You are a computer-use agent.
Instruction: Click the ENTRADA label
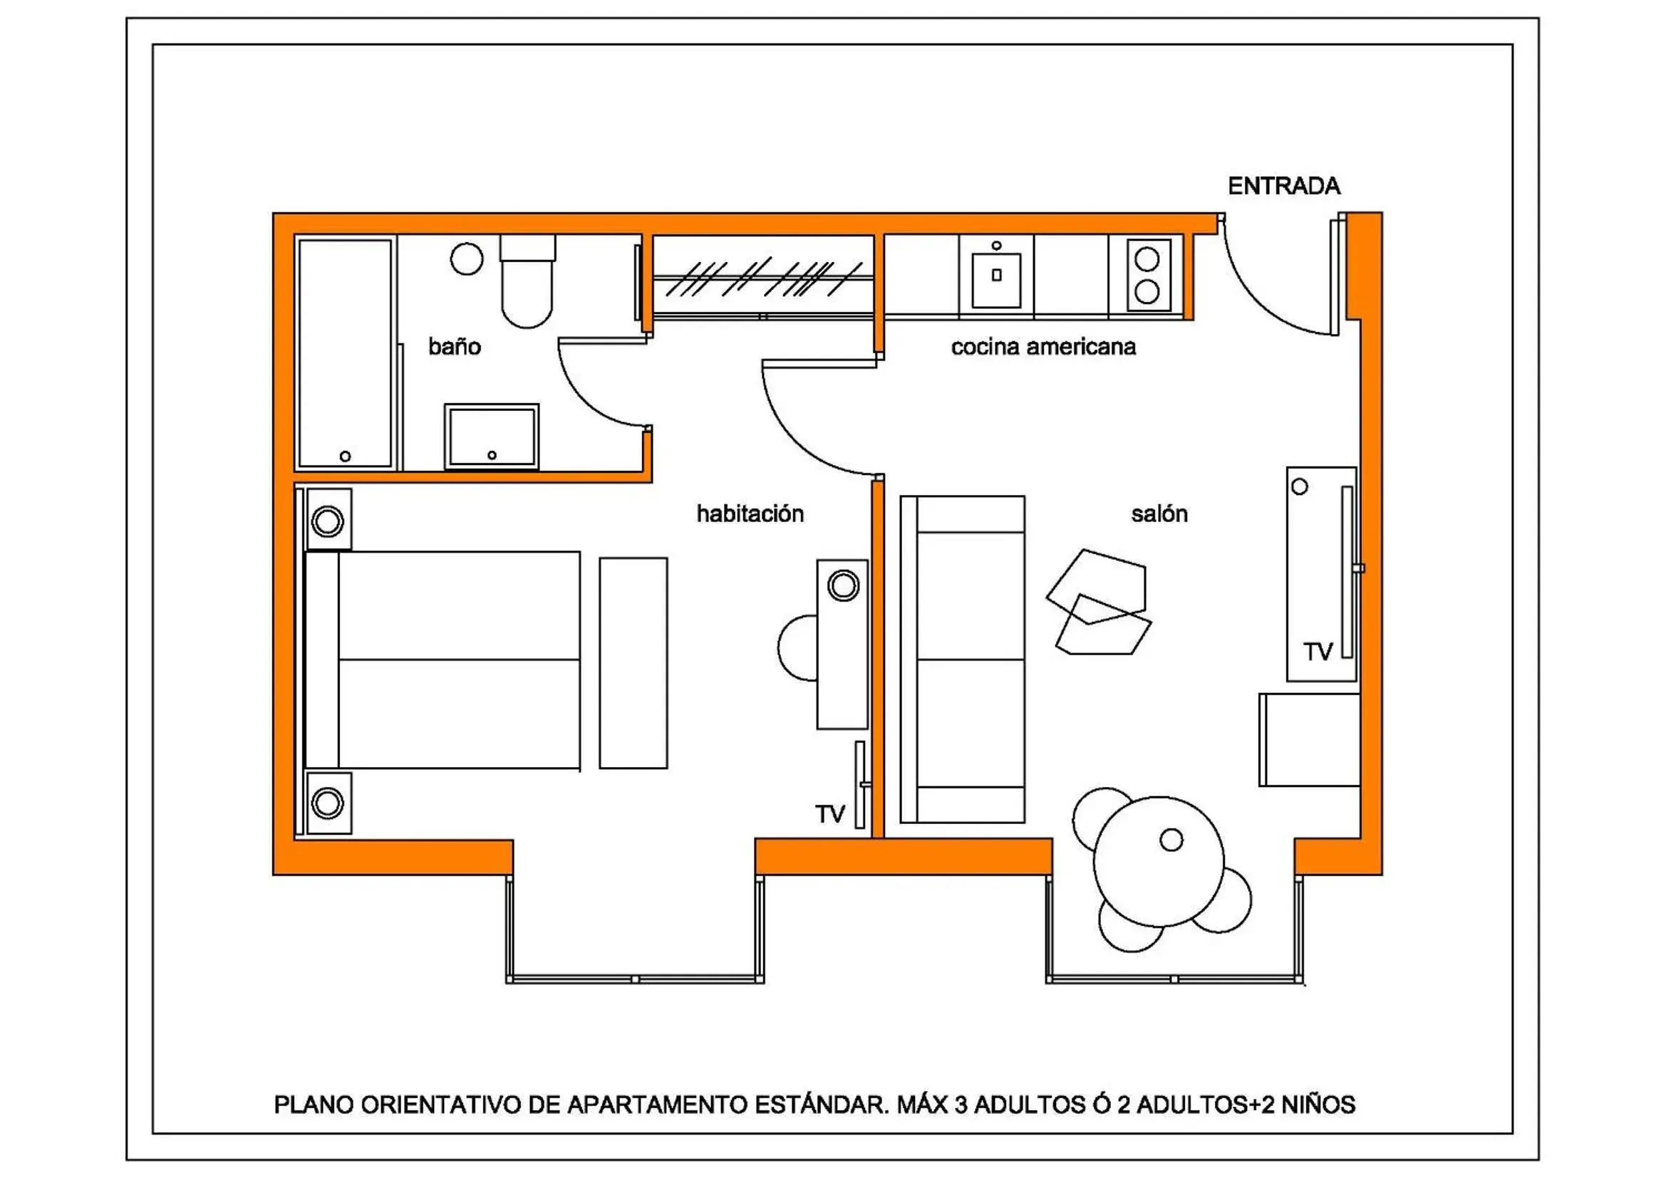tap(1283, 187)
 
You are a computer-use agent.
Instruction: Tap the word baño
tap(454, 347)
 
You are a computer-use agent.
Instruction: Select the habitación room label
tap(750, 514)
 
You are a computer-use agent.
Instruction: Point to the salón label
tap(1159, 514)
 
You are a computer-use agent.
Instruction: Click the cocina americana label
tap(1042, 347)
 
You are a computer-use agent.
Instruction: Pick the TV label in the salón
tap(1318, 652)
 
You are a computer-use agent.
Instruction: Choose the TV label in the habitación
tap(829, 814)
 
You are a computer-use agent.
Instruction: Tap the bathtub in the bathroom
tap(345, 353)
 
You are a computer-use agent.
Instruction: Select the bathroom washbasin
tap(491, 437)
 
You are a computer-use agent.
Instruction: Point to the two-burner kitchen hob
tap(1147, 276)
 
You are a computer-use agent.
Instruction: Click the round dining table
tap(1158, 861)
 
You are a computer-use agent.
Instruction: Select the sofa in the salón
tap(962, 660)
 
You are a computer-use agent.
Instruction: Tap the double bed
tap(443, 660)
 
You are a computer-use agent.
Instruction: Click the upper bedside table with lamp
tap(328, 520)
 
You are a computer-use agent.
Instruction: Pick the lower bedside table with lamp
tap(328, 803)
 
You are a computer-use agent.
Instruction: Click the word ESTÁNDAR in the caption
tap(821, 1105)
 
